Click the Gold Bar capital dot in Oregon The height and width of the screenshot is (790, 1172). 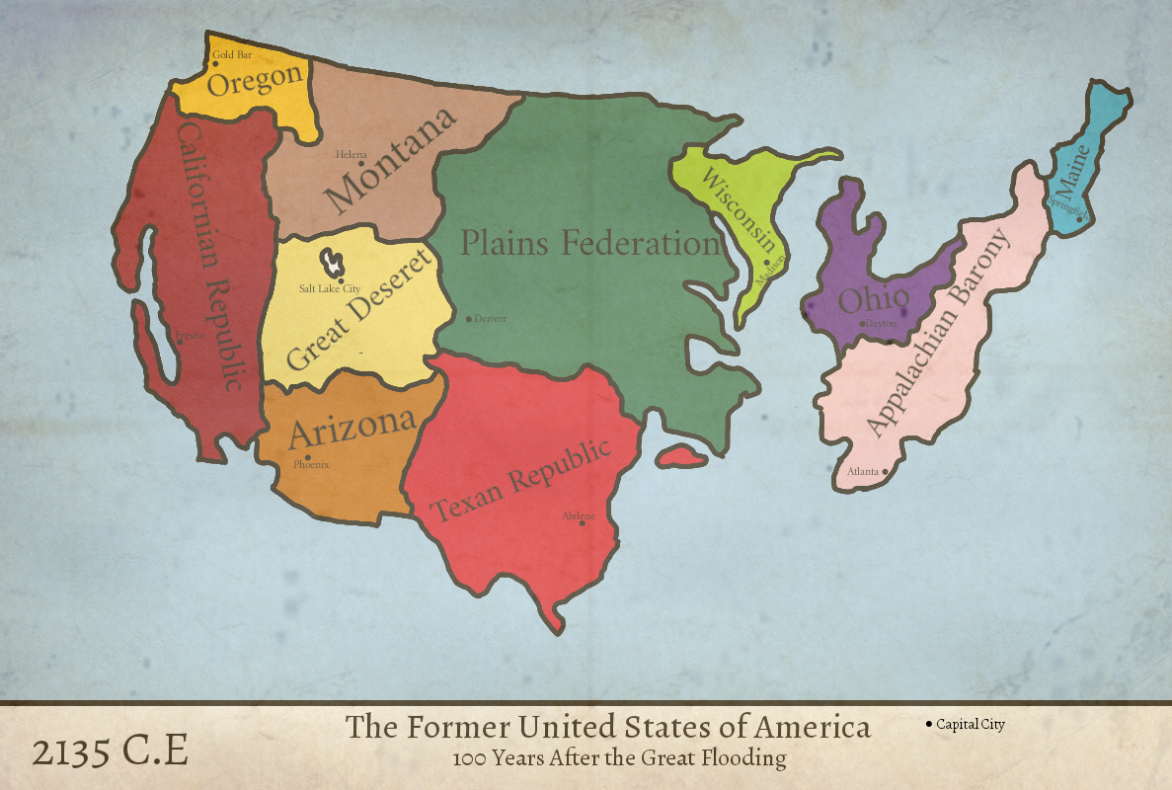[x=215, y=64]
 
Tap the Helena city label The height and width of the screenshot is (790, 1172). [x=351, y=154]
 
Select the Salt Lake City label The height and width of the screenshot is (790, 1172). [x=330, y=289]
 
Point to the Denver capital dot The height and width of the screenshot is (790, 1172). [x=469, y=319]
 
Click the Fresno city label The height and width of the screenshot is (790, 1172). [x=191, y=336]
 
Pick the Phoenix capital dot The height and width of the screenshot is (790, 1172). [x=309, y=456]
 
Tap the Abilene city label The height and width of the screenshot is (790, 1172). [x=578, y=515]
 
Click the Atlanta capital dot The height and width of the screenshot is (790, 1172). [x=886, y=472]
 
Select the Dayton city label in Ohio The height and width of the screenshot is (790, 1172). [x=881, y=324]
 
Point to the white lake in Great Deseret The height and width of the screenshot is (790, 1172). [x=334, y=261]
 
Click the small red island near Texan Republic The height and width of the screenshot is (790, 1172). [x=680, y=456]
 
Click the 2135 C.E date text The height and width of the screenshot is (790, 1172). [x=110, y=752]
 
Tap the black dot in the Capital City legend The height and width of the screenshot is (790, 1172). [x=929, y=725]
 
